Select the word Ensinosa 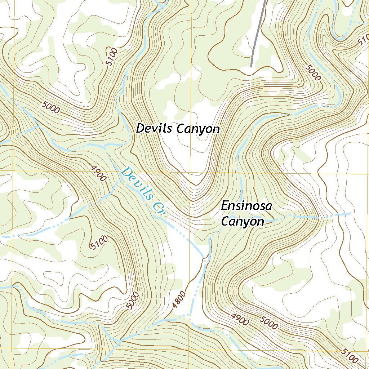tap(246, 206)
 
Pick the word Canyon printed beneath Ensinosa tap(242, 222)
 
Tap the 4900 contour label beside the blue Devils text tap(98, 174)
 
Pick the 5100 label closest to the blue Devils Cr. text tap(99, 242)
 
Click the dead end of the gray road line tap(251, 66)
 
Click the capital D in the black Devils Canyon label tap(139, 129)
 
